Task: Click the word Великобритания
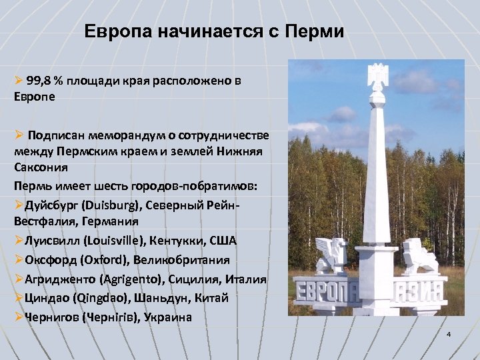183,259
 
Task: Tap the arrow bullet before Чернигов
18,317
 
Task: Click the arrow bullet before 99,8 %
18,81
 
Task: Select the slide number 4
449,333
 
